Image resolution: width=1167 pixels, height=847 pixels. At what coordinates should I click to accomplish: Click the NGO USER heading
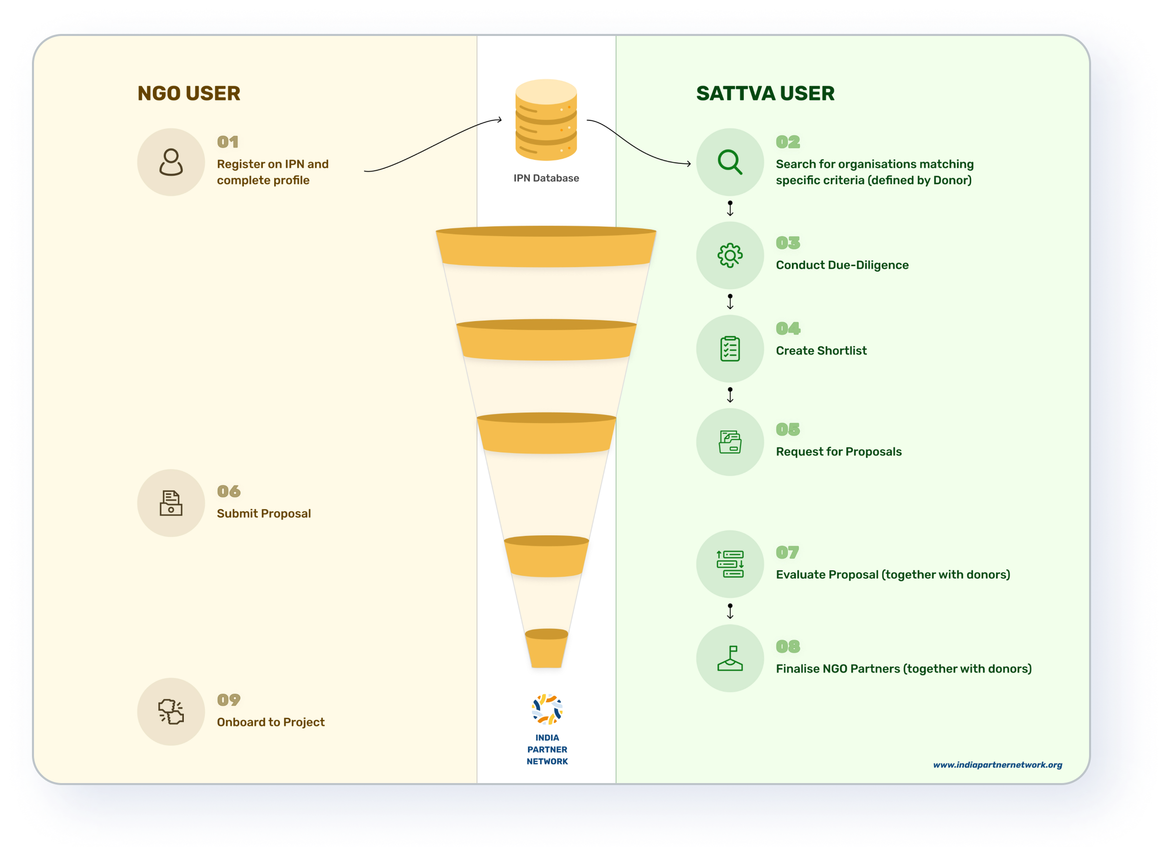(189, 93)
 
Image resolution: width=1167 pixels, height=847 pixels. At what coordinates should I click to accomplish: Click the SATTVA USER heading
(765, 93)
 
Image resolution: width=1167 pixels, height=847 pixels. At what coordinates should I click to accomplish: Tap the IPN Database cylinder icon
(546, 120)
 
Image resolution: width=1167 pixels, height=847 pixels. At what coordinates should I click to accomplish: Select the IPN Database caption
(546, 178)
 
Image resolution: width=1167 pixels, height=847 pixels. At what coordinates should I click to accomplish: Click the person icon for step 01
(171, 162)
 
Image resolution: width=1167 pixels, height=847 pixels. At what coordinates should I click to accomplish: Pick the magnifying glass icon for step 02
(730, 162)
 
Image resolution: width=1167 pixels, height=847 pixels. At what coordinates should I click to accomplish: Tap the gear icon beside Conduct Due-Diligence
(730, 255)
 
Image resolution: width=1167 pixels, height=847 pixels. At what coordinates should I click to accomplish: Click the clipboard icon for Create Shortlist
(730, 349)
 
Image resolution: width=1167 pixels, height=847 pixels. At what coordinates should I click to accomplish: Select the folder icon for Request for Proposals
(730, 442)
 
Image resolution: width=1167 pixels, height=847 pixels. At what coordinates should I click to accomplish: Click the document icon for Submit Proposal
(171, 503)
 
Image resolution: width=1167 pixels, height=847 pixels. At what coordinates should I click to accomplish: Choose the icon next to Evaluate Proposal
(730, 564)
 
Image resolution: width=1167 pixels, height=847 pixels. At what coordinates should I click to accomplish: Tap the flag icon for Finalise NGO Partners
(730, 658)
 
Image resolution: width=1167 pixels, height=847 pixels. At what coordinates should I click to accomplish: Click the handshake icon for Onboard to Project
(171, 712)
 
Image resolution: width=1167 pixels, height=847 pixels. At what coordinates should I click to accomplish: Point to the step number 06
(228, 491)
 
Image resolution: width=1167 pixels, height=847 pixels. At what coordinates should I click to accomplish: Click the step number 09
(228, 700)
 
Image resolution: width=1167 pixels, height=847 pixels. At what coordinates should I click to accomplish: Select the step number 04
(788, 328)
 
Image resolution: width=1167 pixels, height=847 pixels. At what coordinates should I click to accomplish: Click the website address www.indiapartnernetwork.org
(997, 765)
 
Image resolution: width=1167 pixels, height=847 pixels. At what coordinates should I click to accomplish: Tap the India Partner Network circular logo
(547, 709)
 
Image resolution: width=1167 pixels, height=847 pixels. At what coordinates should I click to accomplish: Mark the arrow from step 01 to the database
(432, 145)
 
